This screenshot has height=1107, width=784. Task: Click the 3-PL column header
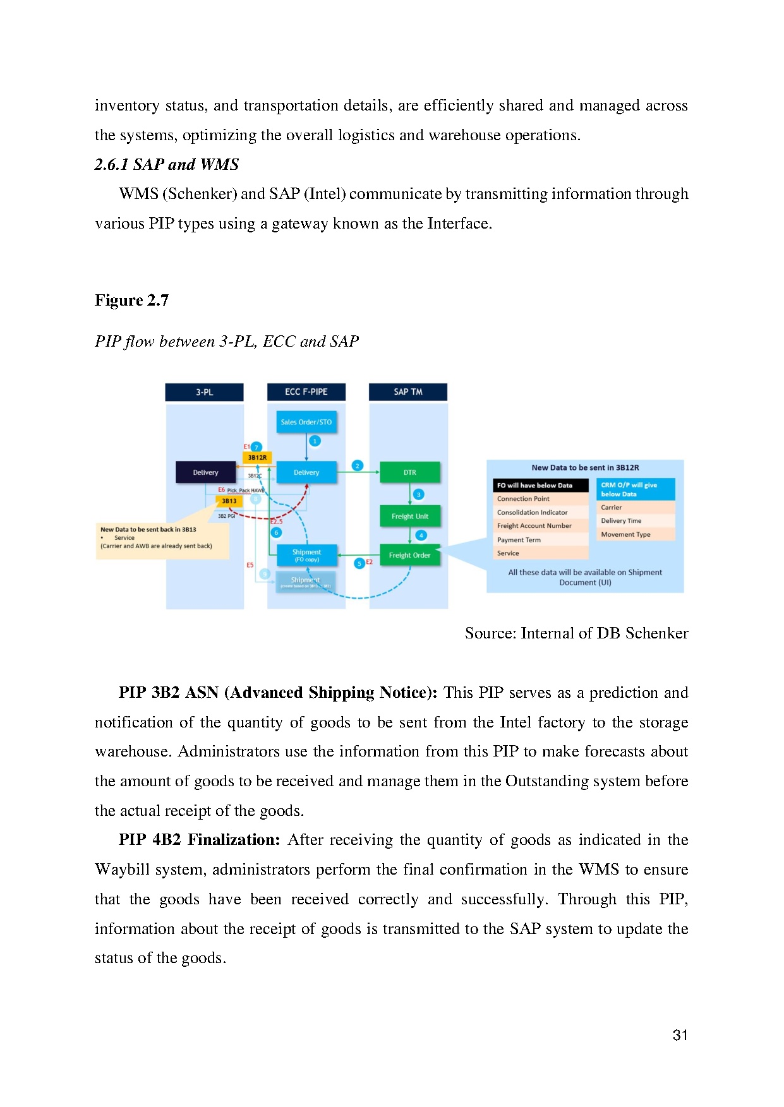click(204, 392)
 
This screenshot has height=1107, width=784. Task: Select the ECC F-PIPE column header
click(306, 392)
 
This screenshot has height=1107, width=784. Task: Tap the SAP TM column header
click(408, 392)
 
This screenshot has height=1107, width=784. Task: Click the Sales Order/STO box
click(306, 422)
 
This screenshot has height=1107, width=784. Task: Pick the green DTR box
click(410, 472)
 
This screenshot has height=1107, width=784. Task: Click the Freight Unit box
click(410, 517)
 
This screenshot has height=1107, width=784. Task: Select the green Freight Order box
click(410, 556)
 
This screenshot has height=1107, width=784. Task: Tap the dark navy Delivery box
click(205, 472)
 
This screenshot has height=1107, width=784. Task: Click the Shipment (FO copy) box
click(306, 555)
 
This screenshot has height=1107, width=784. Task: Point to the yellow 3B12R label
click(257, 458)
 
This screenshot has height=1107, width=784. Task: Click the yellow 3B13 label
click(229, 501)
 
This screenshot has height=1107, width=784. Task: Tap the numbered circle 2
click(358, 466)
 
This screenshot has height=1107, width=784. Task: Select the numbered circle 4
click(421, 536)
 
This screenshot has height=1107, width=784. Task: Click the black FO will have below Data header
click(540, 486)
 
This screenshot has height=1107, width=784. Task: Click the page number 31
click(680, 1035)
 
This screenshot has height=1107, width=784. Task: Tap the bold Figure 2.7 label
click(131, 301)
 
